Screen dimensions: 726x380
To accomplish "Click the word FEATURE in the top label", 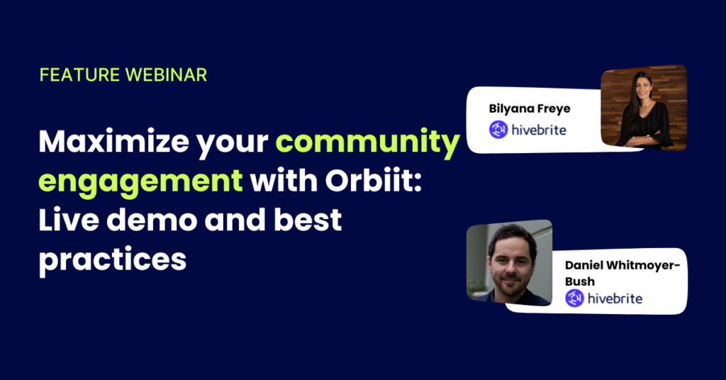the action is [x=79, y=75].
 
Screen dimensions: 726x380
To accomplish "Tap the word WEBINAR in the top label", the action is [x=166, y=75].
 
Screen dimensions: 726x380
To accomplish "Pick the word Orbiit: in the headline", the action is [x=374, y=181].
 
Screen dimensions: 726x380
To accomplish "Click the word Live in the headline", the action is [x=69, y=220].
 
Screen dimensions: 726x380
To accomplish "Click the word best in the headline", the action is [x=308, y=220].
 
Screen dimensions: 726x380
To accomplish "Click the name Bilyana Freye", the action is [x=530, y=109].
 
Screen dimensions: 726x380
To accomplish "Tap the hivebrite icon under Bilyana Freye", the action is [x=498, y=130].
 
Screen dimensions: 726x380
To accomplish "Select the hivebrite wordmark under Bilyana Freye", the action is [x=539, y=130].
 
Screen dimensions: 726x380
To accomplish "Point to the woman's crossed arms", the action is [x=644, y=138].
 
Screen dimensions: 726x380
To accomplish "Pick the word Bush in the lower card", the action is [x=580, y=281].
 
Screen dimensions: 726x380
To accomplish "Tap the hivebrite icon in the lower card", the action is [x=574, y=298].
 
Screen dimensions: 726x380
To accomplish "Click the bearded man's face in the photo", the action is [x=510, y=264].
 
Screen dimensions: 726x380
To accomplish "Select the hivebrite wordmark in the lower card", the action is [x=615, y=298].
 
